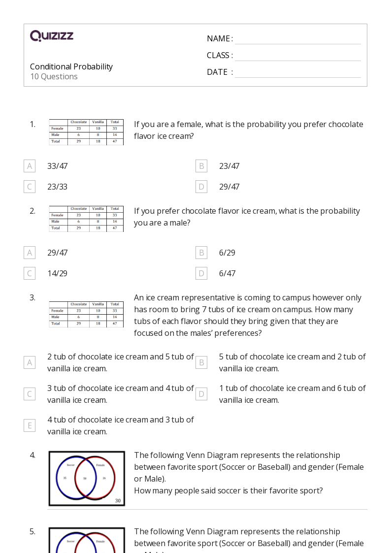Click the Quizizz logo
[x=52, y=36]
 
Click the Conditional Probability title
[x=71, y=66]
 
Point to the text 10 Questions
[x=54, y=76]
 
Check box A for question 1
[x=30, y=166]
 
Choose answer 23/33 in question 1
[x=57, y=187]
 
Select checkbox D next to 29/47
[x=201, y=187]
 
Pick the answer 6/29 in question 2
[x=227, y=253]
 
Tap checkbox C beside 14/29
[x=30, y=273]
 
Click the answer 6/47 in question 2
[x=227, y=273]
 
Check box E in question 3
[x=30, y=425]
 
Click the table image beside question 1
[x=86, y=132]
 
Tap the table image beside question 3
[x=86, y=314]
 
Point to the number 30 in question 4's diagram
[x=118, y=501]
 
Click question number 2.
[x=33, y=211]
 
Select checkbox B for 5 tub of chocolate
[x=201, y=362]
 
